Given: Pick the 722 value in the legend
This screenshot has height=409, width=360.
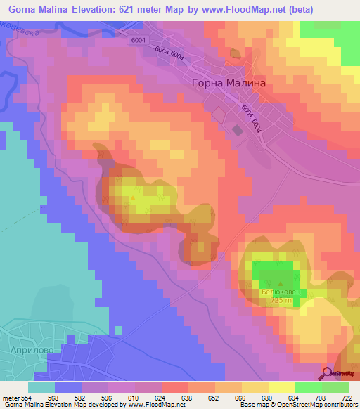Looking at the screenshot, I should (x=345, y=398).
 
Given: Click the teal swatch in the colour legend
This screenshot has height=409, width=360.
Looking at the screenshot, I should (x=41, y=387).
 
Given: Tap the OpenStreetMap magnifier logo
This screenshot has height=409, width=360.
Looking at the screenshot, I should (x=327, y=373).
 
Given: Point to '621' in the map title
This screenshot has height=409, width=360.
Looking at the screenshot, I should (x=124, y=9).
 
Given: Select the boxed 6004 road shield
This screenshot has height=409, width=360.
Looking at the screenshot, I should (x=138, y=41).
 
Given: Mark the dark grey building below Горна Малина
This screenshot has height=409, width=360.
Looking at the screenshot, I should (x=237, y=129).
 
